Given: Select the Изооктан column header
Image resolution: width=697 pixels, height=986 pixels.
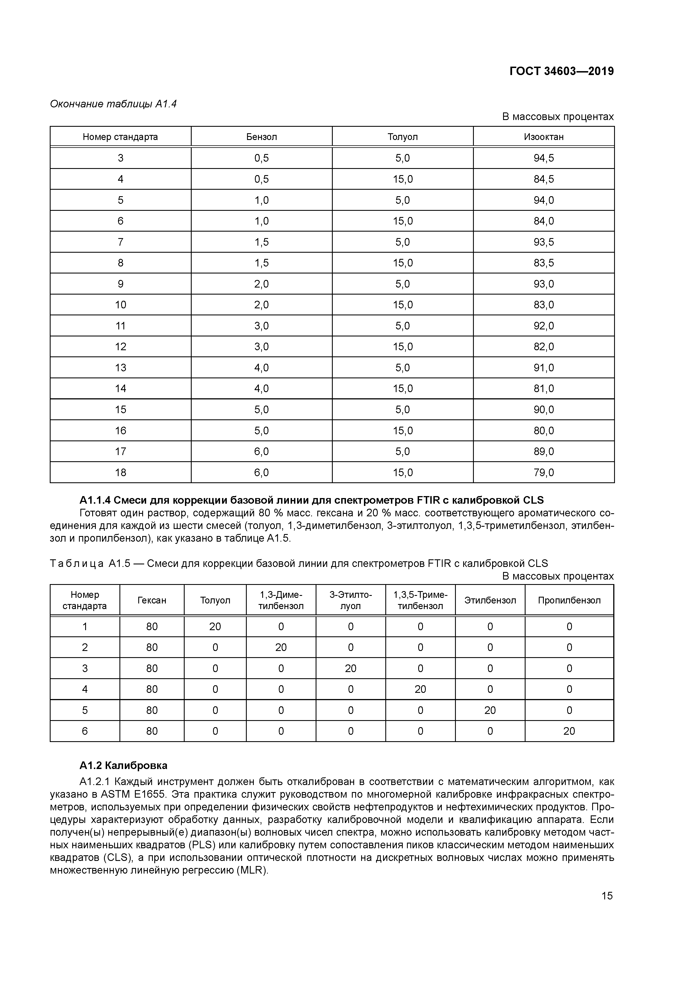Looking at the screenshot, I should [543, 137].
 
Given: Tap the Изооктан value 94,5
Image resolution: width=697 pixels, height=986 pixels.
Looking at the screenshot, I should [543, 158].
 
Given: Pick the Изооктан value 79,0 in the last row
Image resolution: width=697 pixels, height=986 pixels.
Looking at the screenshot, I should [543, 472].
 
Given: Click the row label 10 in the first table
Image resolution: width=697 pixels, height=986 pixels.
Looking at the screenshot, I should [120, 305].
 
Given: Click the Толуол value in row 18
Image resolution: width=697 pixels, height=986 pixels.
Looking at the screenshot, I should [402, 472].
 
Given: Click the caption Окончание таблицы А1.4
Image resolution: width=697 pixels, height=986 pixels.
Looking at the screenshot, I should [113, 104].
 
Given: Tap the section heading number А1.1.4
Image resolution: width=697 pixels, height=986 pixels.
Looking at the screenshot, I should [95, 500].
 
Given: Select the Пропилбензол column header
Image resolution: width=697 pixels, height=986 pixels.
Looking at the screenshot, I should [569, 600].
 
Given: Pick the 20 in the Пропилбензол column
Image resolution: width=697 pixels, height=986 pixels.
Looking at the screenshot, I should [569, 731].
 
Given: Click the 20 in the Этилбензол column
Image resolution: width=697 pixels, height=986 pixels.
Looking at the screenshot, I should [490, 710].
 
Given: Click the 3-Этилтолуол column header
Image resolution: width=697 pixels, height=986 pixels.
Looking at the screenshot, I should [350, 600].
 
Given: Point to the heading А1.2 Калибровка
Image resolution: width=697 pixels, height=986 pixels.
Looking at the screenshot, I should [123, 765].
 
